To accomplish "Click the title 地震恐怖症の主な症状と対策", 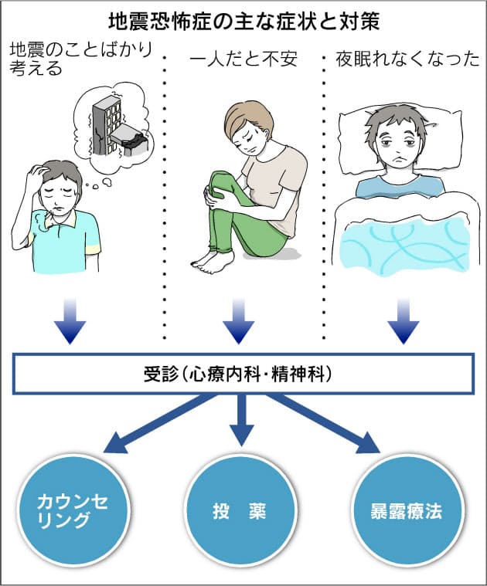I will [243, 18].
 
